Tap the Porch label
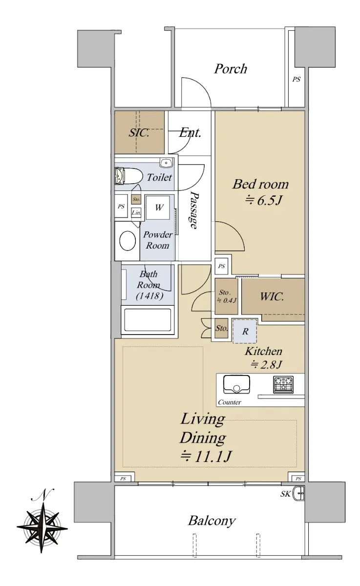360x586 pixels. pos(231,69)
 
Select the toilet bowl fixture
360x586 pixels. pos(128,176)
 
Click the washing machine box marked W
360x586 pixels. pos(158,208)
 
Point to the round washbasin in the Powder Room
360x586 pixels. pos(127,241)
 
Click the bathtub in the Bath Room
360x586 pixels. pos(148,320)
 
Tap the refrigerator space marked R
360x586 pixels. pos(245,331)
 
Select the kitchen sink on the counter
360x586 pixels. pos(236,384)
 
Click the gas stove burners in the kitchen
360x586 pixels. pos(283,385)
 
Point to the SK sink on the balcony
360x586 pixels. pos(299,493)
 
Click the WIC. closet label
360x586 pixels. pos(272,297)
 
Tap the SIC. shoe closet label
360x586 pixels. pos(139,133)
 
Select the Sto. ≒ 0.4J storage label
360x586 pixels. pos(226,296)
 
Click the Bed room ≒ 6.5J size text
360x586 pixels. pos(263,201)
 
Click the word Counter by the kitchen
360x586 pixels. pos(230,402)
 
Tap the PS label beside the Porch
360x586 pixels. pos(296,79)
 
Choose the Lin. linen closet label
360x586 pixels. pos(136,212)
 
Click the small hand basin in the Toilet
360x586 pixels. pos(166,163)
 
